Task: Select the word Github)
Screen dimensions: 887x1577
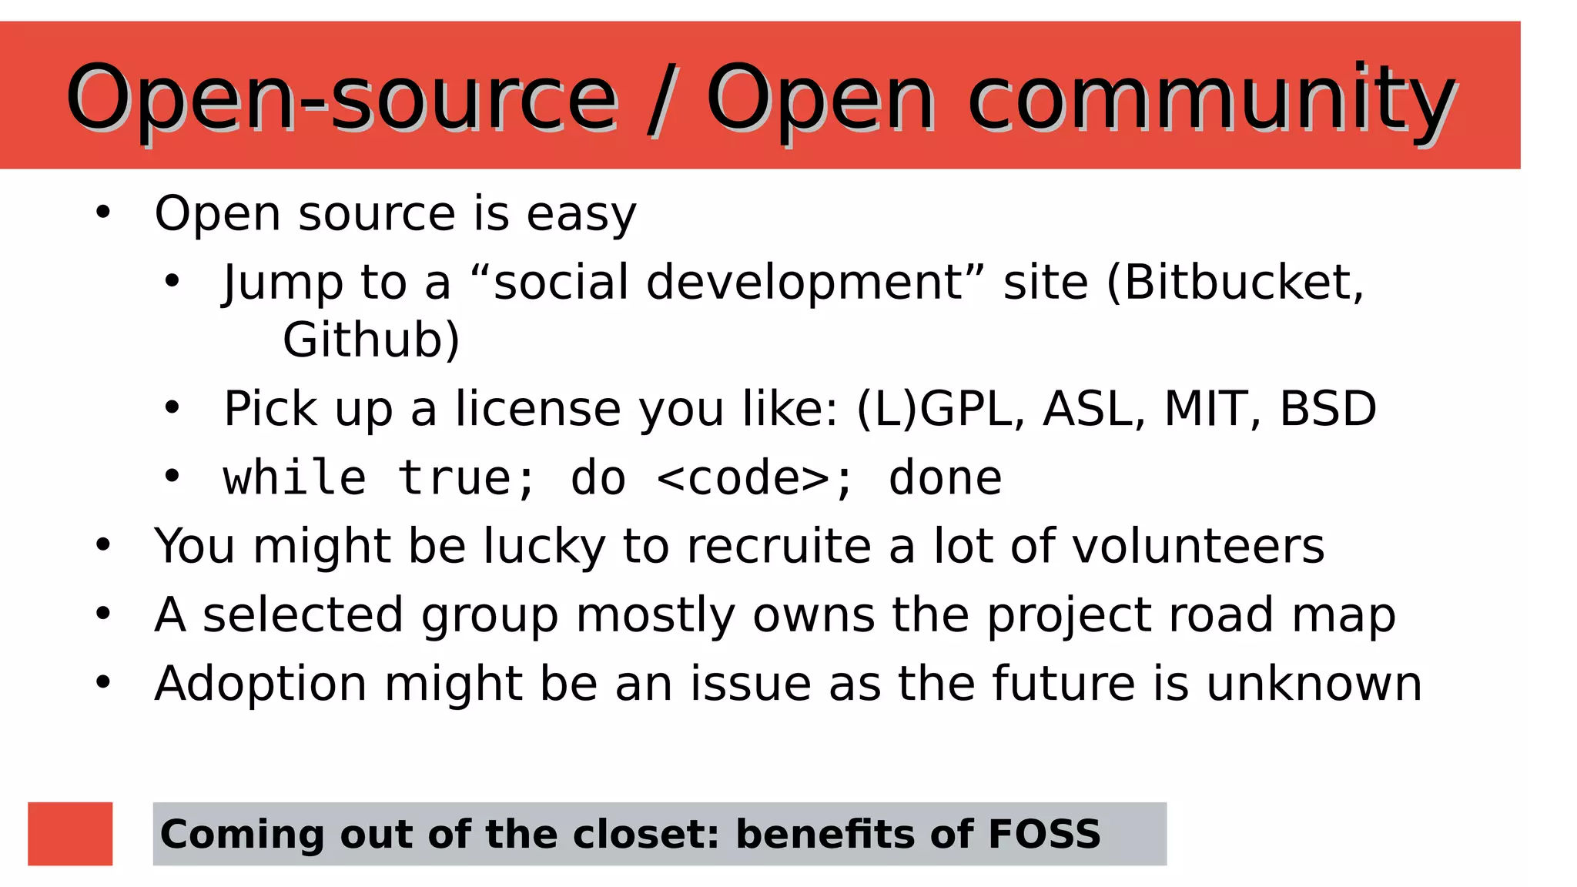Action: tap(371, 340)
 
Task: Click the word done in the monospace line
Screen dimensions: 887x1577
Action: tap(945, 478)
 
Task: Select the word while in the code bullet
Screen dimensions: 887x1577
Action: tap(294, 478)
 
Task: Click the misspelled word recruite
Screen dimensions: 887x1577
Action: tap(778, 546)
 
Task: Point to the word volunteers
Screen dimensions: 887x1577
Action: tap(1197, 546)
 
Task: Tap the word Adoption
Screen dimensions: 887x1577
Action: tap(260, 684)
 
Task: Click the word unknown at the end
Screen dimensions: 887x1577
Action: tap(1313, 684)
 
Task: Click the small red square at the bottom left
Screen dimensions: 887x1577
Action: tap(70, 834)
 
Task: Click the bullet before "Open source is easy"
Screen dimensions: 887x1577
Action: tap(103, 213)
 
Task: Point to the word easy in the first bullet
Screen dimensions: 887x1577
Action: tap(581, 214)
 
